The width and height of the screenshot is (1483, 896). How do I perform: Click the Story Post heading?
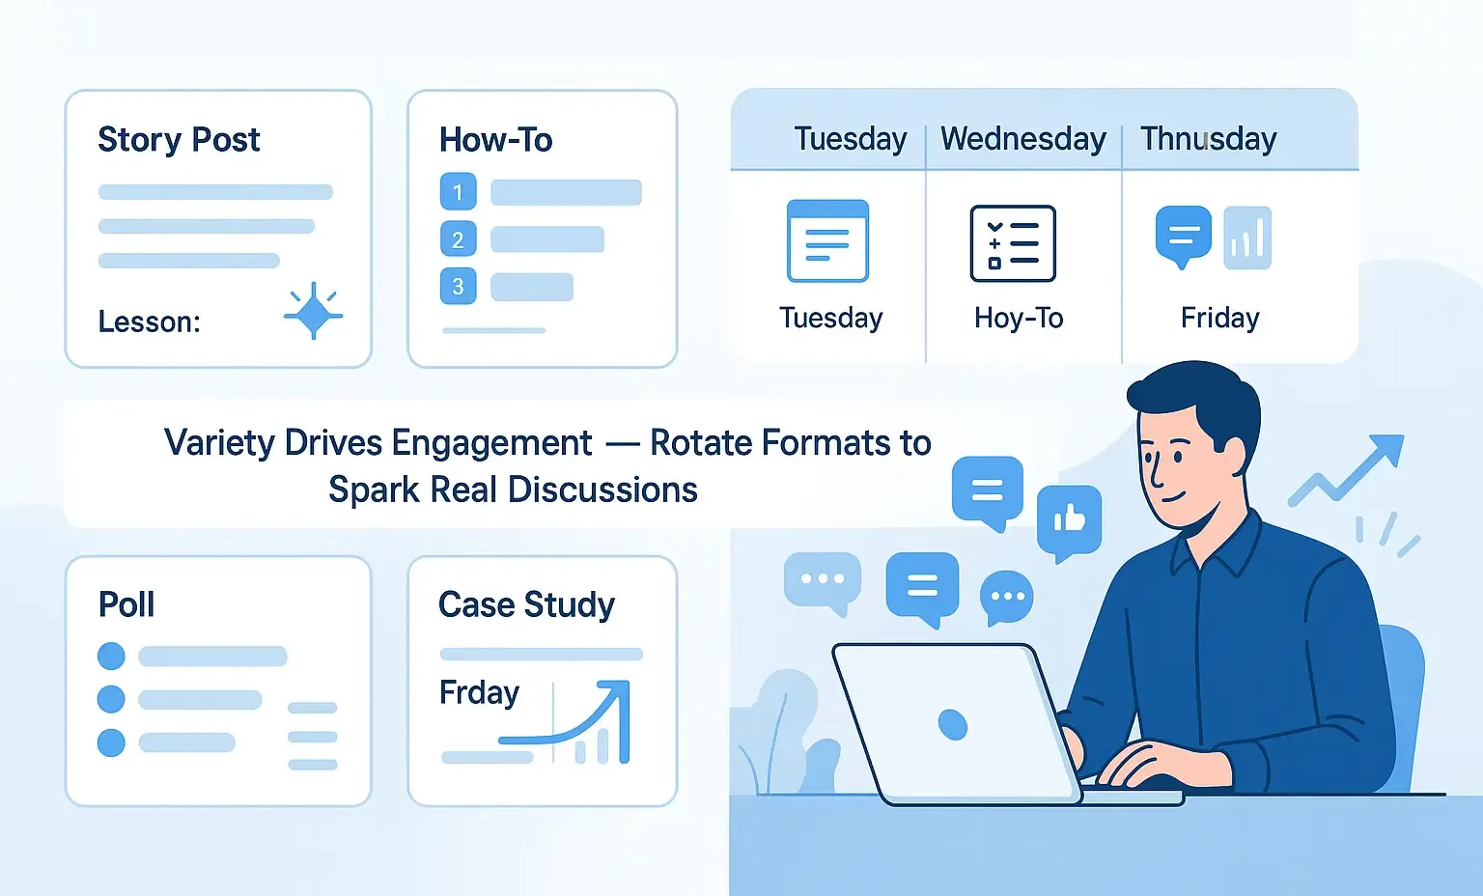[x=179, y=140]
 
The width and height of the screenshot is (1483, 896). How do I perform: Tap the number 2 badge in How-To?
[x=459, y=239]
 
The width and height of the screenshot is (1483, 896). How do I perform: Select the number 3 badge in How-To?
[x=459, y=286]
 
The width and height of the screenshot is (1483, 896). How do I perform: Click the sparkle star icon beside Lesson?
[x=314, y=311]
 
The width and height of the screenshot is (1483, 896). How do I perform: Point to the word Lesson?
[x=149, y=322]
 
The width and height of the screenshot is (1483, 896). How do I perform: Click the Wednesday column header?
[x=1023, y=139]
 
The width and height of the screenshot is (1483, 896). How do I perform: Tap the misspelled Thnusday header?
[x=1209, y=139]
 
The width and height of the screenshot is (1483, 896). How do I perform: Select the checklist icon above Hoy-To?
[x=1013, y=243]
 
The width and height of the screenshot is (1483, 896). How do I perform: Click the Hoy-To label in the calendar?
[x=1019, y=319]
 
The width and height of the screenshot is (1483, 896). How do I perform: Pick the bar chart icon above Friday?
[x=1248, y=238]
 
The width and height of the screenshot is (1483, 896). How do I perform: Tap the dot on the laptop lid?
[x=953, y=724]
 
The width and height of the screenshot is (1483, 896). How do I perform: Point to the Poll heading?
[x=126, y=604]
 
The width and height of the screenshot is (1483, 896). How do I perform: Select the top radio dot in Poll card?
[x=111, y=656]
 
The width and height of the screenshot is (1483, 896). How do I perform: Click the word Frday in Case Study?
[x=479, y=693]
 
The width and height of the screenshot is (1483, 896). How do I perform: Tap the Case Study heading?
[x=526, y=604]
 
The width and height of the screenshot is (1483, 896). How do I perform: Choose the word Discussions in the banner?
[x=603, y=490]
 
